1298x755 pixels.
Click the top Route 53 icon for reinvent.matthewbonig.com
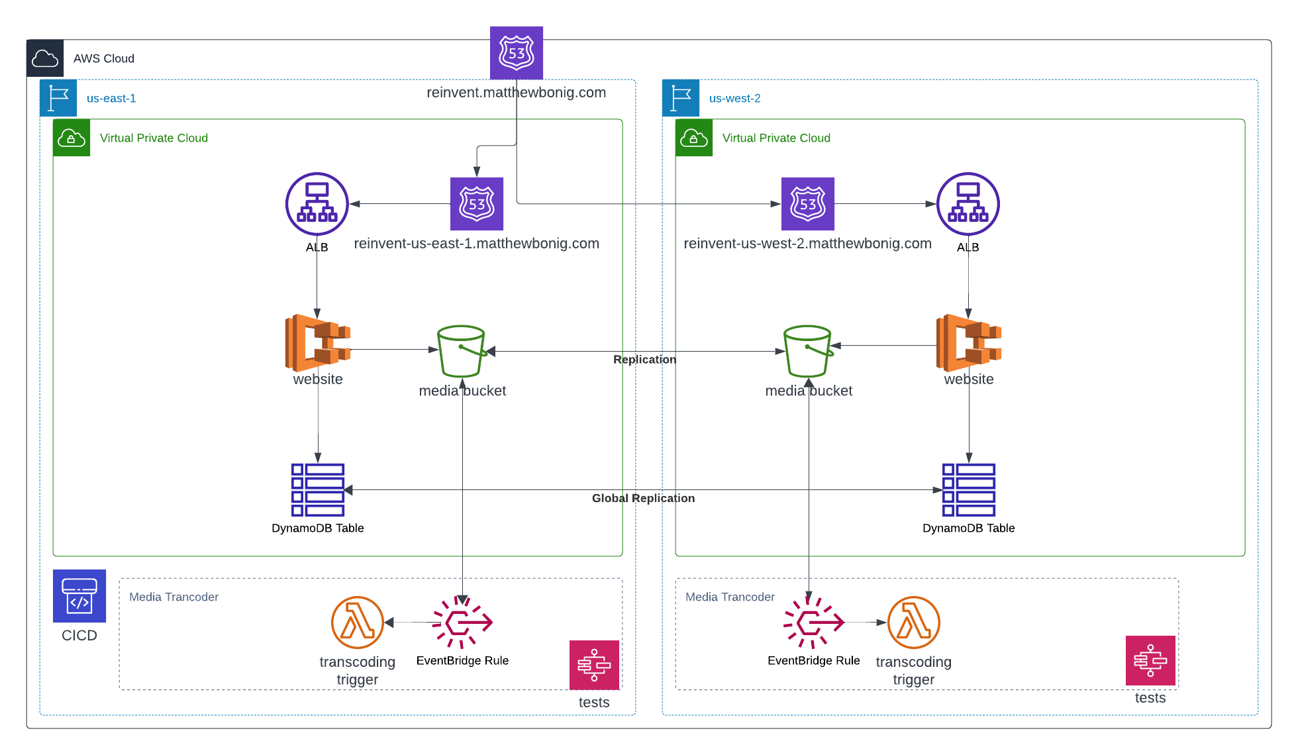click(x=517, y=53)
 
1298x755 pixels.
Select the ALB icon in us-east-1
click(x=317, y=204)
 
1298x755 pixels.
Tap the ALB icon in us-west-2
click(x=968, y=204)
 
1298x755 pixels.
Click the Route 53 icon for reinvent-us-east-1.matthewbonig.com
click(x=477, y=204)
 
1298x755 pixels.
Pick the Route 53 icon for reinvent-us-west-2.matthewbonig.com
click(x=808, y=204)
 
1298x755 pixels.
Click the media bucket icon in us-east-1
click(x=462, y=351)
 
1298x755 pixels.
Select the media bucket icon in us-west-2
click(x=809, y=351)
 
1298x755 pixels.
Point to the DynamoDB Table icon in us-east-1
click(x=318, y=490)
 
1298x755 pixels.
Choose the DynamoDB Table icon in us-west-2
click(x=969, y=490)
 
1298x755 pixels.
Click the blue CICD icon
click(x=79, y=596)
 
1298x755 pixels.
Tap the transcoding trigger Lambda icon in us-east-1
click(x=358, y=623)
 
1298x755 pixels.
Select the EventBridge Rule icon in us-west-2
click(x=814, y=623)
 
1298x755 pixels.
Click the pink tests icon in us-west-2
click(x=1151, y=660)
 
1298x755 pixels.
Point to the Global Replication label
click(x=643, y=498)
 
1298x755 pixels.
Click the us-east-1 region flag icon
click(x=58, y=98)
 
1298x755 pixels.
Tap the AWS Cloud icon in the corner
click(x=45, y=58)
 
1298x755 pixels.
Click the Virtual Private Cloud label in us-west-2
click(x=776, y=138)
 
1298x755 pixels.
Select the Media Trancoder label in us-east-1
click(x=174, y=597)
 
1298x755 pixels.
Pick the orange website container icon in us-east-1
click(x=318, y=342)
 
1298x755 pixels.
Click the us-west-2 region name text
click(x=734, y=98)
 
